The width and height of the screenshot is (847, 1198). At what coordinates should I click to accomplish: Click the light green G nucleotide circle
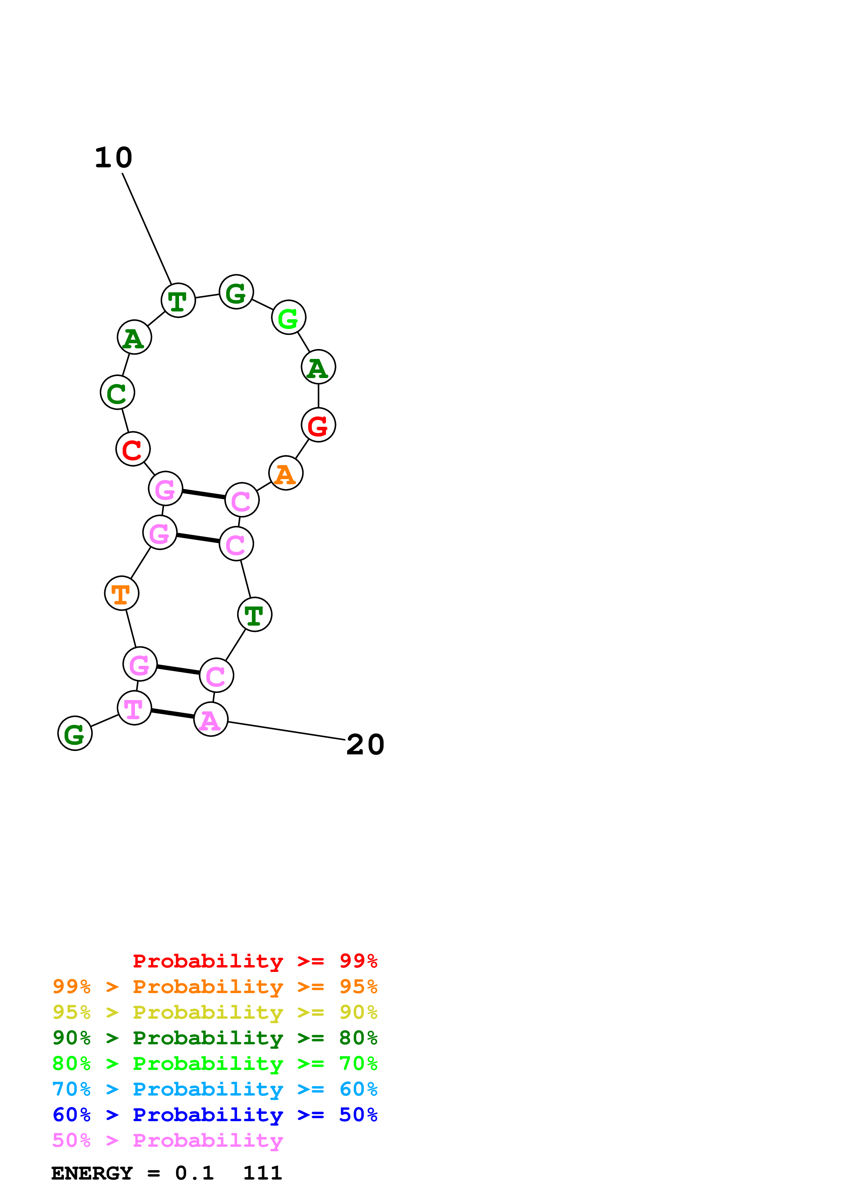[289, 317]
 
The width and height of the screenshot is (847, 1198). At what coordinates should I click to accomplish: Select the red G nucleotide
[318, 425]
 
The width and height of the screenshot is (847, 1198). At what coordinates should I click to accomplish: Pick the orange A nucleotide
[285, 473]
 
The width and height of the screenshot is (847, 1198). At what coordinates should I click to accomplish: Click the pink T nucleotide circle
[134, 708]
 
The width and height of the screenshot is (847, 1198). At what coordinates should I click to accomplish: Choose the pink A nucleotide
[211, 720]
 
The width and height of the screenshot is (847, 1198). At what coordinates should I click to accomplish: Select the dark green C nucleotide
[118, 392]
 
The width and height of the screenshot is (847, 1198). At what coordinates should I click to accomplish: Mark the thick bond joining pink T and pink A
[173, 714]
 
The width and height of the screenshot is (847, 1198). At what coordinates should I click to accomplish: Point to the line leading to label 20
[287, 731]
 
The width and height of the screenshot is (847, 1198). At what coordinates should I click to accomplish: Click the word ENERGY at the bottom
[92, 1173]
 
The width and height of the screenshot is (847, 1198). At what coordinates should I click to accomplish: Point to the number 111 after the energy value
[262, 1173]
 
